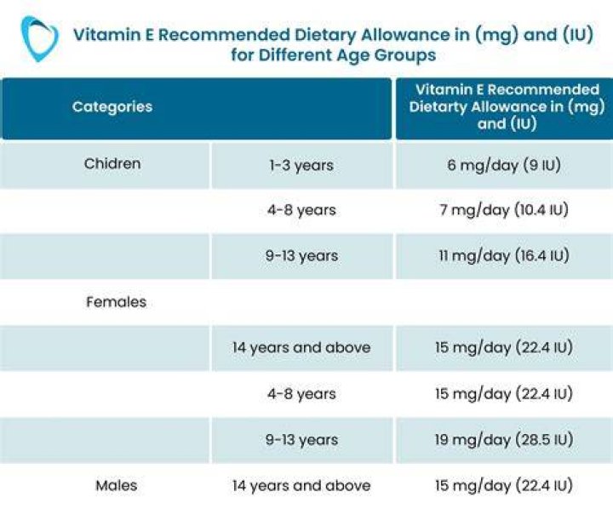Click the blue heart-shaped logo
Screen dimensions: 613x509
pyautogui.click(x=39, y=38)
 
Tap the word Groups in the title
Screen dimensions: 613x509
pyautogui.click(x=405, y=56)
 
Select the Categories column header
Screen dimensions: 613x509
pyautogui.click(x=112, y=107)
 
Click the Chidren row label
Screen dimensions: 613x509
pyautogui.click(x=112, y=163)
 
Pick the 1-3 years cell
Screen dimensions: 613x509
pyautogui.click(x=301, y=165)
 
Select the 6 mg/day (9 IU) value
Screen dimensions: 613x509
pyautogui.click(x=504, y=165)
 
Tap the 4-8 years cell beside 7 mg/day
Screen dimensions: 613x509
pyautogui.click(x=301, y=210)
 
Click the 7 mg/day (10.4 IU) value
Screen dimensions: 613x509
pyautogui.click(x=504, y=210)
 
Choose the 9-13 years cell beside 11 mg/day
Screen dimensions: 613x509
pyautogui.click(x=301, y=256)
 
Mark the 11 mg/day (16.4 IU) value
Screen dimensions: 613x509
pyautogui.click(x=504, y=256)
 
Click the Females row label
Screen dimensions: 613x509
pyautogui.click(x=116, y=302)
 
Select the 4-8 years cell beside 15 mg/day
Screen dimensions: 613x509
pyautogui.click(x=301, y=394)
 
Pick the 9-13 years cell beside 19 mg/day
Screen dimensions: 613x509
pyautogui.click(x=301, y=440)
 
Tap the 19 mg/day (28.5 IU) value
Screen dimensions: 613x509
pyautogui.click(x=504, y=440)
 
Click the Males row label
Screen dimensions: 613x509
pyautogui.click(x=116, y=485)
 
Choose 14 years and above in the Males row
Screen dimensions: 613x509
pyautogui.click(x=301, y=486)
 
